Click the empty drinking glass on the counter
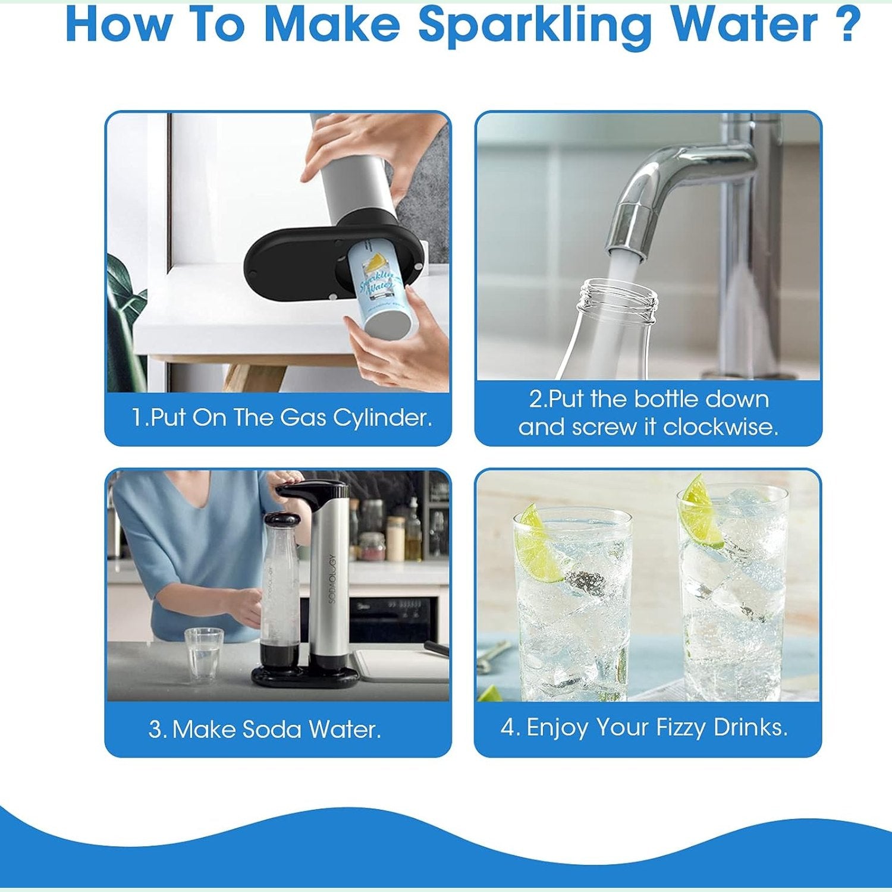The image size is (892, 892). point(203,654)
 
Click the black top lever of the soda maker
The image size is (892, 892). point(312,490)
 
